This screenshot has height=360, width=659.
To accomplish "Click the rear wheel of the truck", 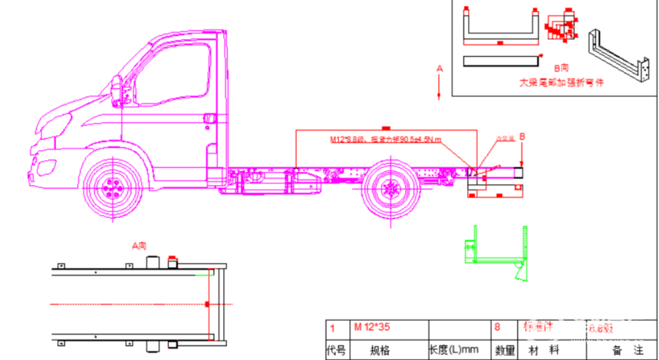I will point(389,189).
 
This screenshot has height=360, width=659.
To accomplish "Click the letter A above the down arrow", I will point(439,69).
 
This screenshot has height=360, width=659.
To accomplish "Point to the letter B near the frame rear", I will point(522,137).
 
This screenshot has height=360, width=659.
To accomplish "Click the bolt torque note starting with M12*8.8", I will point(385,140).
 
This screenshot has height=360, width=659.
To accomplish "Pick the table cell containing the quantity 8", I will point(504,328).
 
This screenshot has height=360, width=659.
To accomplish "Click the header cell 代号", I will point(336,351).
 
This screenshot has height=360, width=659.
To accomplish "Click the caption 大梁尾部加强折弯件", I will point(561,82).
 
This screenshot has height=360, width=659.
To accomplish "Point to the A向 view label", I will point(139,246).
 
